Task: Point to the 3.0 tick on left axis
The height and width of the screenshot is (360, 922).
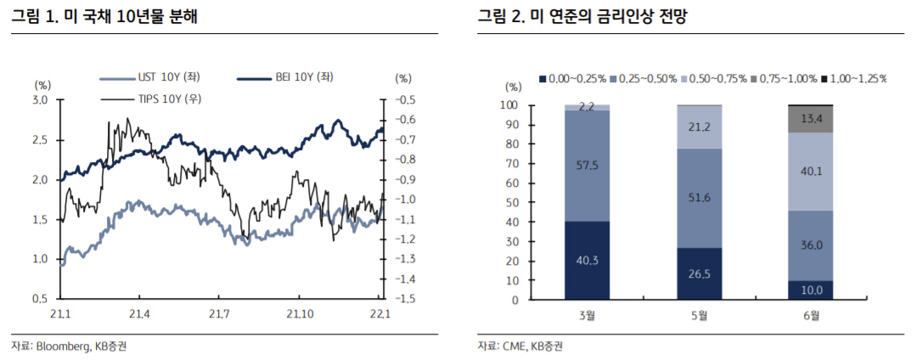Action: click(40, 100)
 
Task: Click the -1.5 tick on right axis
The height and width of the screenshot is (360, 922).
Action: click(404, 299)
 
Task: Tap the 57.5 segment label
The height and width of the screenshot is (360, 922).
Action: click(587, 166)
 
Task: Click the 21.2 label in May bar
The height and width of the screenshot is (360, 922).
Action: click(699, 127)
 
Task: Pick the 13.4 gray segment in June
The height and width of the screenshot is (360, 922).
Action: click(810, 118)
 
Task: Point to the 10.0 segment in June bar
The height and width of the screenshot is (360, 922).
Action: click(810, 290)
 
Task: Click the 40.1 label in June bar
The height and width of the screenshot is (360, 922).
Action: click(810, 172)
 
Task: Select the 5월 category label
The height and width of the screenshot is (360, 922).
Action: click(699, 316)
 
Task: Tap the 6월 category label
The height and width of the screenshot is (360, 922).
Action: click(810, 316)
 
